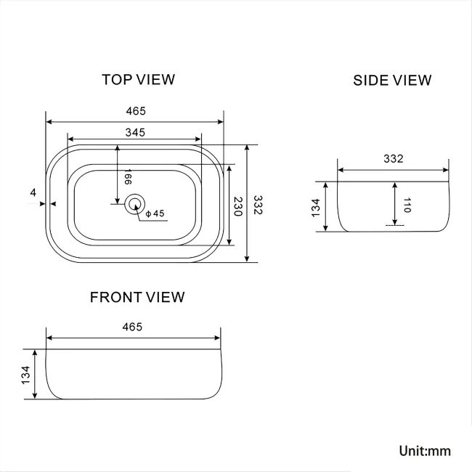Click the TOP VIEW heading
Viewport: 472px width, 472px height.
[139, 79]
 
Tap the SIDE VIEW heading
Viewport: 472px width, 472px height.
[392, 81]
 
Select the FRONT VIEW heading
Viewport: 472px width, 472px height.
[137, 298]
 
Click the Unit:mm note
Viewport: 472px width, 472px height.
[425, 451]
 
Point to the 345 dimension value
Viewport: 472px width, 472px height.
[135, 132]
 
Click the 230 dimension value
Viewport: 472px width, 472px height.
[238, 206]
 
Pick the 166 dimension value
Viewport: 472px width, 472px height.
[128, 176]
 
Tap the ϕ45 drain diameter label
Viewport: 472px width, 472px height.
[155, 213]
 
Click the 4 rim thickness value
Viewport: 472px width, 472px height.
[33, 192]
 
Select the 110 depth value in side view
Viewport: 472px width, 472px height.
[407, 205]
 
